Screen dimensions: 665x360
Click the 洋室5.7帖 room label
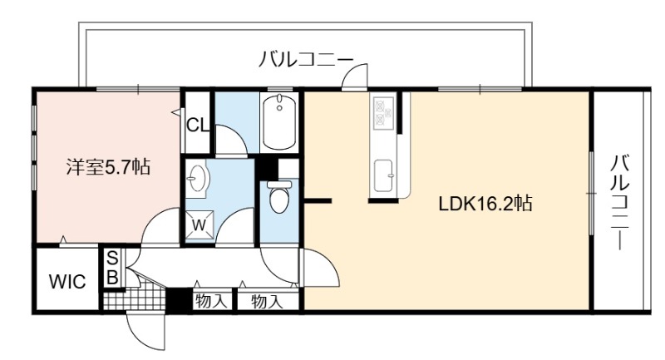[x=108, y=166]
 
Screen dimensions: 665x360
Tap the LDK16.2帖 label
[x=485, y=204]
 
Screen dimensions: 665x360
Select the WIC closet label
[x=67, y=282]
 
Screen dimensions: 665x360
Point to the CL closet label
[x=198, y=125]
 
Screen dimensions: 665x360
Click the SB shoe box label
[x=112, y=268]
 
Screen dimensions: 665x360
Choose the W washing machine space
[x=199, y=224]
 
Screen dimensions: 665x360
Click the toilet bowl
[x=278, y=197]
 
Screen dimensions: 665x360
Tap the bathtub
[x=279, y=121]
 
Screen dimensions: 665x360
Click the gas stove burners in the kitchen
[x=384, y=112]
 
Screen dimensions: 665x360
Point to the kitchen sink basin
[x=385, y=176]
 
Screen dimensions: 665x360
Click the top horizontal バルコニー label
[x=306, y=60]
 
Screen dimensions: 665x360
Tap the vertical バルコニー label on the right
[x=619, y=203]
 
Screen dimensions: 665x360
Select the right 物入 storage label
[x=267, y=302]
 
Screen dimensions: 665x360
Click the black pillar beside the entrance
[x=179, y=301]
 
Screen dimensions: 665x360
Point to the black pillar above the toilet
[x=266, y=167]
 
